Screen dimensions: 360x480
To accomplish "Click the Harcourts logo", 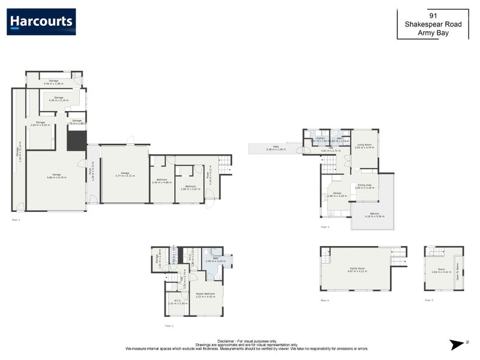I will point(41,22).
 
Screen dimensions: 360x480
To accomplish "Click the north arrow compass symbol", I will point(457,344).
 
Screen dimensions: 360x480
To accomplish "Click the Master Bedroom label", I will point(205,294).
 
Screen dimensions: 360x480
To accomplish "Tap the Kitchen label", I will point(337,194).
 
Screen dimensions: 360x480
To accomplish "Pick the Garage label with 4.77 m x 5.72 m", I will point(125,174).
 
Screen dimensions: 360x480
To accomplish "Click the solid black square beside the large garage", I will point(76,141).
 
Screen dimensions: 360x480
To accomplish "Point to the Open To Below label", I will point(457,272).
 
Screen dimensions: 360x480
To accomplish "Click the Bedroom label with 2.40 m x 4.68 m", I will point(162,181).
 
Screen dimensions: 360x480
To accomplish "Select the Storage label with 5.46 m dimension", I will point(54,82).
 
